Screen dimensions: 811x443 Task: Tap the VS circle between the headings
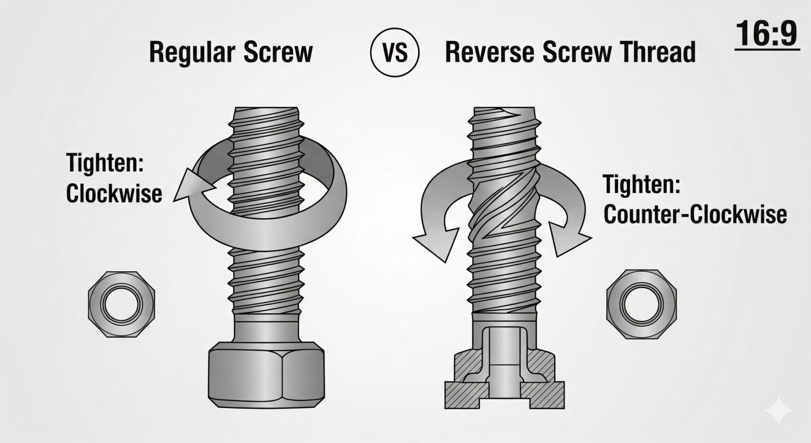(395, 53)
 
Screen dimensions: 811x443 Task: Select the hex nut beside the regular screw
(121, 305)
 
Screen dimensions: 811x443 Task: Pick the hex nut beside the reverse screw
(641, 304)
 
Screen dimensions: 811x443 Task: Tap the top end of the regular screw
(266, 108)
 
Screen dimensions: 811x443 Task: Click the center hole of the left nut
(122, 305)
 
